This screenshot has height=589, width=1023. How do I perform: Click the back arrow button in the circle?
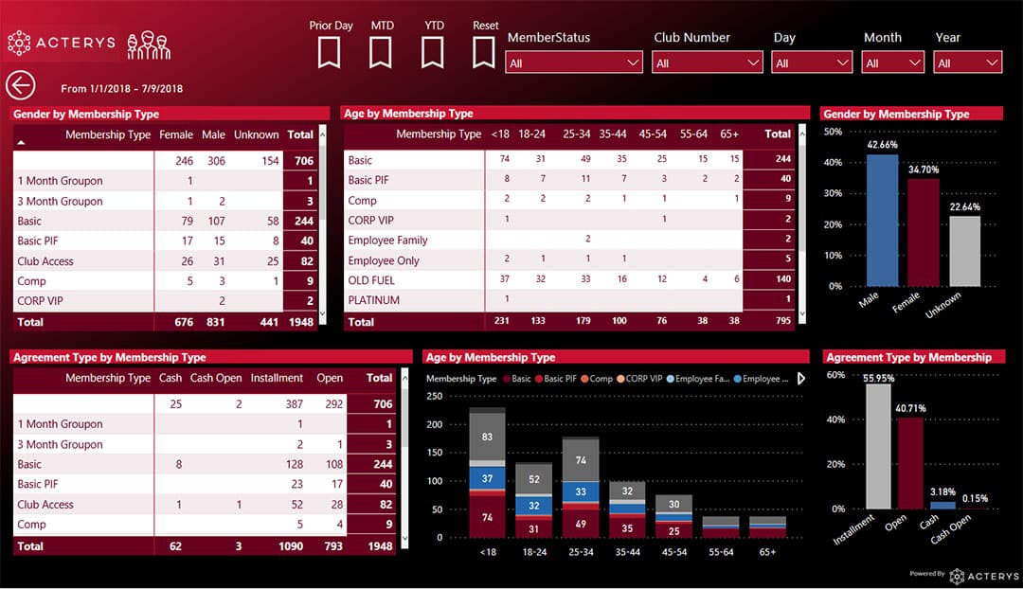click(x=20, y=85)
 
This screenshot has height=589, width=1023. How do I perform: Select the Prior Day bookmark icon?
click(x=329, y=51)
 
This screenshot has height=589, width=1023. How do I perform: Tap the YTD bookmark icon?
click(x=433, y=51)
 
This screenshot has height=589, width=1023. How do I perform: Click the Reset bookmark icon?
click(x=484, y=51)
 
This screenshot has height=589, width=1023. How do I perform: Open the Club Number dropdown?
click(x=708, y=62)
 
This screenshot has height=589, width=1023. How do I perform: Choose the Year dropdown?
click(x=967, y=62)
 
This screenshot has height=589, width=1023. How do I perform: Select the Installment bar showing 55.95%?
click(x=878, y=446)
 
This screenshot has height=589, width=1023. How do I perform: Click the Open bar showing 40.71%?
click(x=910, y=463)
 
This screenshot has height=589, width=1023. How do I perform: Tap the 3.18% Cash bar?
click(x=942, y=505)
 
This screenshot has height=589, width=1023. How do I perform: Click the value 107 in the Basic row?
click(x=217, y=222)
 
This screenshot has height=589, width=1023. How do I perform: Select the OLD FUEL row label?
click(x=371, y=280)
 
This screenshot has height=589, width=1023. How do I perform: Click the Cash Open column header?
click(x=216, y=378)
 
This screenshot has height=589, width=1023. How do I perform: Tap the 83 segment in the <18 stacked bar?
click(x=487, y=437)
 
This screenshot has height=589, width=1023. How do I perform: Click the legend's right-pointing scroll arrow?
click(x=801, y=379)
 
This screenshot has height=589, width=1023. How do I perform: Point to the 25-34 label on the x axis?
click(x=580, y=551)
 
